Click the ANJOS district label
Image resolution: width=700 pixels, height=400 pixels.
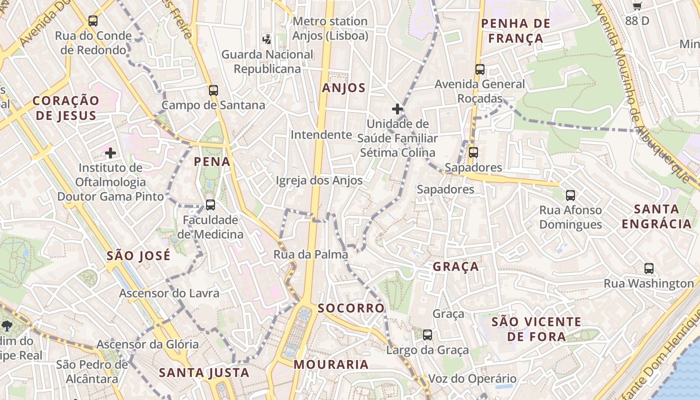tap(344, 88)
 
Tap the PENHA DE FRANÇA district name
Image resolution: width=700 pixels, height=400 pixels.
tap(515, 30)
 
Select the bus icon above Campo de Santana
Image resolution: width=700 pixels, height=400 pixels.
tap(213, 90)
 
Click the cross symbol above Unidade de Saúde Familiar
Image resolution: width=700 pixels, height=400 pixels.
tap(397, 108)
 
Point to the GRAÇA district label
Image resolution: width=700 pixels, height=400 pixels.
tap(455, 266)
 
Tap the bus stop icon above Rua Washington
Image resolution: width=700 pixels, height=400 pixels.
tap(649, 268)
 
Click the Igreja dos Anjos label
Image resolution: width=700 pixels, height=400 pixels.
tap(319, 180)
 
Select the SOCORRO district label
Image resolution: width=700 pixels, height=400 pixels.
tap(351, 307)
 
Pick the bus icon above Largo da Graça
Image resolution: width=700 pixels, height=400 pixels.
tap(427, 335)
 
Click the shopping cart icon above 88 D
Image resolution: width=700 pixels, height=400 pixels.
tap(637, 6)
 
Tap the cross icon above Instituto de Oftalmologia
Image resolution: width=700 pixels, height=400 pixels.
tap(110, 152)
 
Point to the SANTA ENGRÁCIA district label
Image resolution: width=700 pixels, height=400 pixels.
tap(656, 216)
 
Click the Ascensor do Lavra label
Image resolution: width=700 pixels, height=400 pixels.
tap(169, 293)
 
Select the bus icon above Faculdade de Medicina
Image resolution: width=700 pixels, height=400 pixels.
tap(210, 205)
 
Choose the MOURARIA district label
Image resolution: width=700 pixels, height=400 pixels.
tap(331, 364)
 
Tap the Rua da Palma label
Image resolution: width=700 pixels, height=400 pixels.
tap(310, 254)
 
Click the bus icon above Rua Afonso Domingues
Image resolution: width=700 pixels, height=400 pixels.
tap(570, 195)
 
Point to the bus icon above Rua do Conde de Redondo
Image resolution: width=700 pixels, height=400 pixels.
tap(93, 21)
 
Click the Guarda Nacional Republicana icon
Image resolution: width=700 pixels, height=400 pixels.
tap(267, 39)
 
